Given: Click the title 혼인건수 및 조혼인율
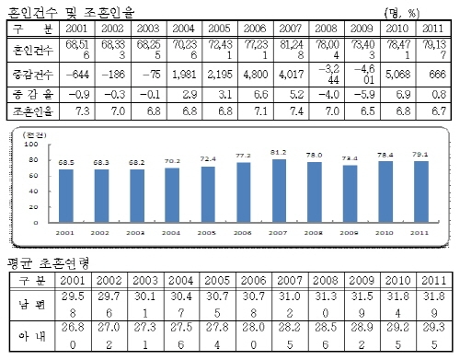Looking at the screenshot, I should point(63,11).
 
